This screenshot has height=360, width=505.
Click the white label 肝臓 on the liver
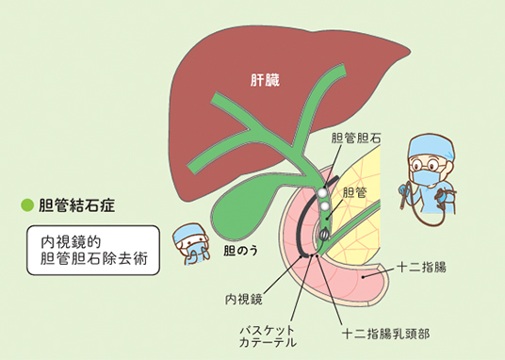265,80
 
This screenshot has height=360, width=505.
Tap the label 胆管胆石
356,139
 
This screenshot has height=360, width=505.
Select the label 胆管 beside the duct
354,192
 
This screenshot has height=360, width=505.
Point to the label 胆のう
241,251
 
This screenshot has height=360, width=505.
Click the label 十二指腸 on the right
421,268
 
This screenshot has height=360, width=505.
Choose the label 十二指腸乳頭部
386,334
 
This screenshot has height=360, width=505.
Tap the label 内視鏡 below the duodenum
243,300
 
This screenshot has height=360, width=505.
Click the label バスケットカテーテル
268,335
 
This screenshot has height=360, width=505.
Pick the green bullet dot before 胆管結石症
27,205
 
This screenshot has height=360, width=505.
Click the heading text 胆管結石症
76,205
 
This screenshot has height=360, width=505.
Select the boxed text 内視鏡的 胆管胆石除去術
93,251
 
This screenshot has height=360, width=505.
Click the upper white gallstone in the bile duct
322,193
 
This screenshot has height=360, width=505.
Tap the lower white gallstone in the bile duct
324,206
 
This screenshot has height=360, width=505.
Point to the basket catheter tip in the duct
324,235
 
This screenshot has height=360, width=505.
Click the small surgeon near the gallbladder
191,244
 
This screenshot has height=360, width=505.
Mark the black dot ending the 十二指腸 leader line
363,276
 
